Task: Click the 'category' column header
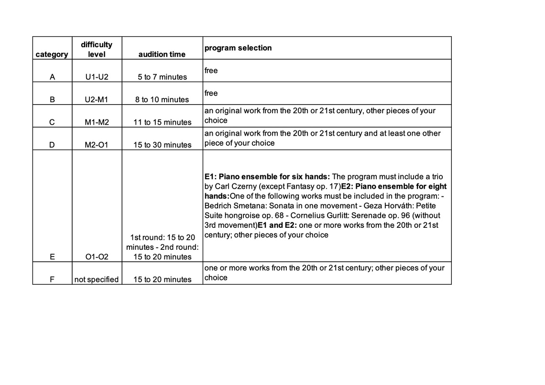coord(52,54)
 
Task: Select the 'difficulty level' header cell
coord(97,49)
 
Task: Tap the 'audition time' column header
coord(162,54)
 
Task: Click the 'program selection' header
coord(238,48)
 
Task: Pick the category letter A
coord(52,77)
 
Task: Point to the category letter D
coord(52,145)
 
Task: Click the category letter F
coord(52,279)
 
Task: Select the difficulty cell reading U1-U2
coord(97,77)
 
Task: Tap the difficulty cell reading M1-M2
coord(97,122)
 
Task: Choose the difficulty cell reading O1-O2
coord(97,257)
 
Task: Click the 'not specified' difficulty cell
coord(97,279)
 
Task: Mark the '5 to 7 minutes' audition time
coord(162,77)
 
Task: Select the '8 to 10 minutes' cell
coord(162,99)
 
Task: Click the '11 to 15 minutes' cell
coord(162,122)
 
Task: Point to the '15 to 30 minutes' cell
coord(162,145)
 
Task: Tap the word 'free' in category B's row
coord(211,93)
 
